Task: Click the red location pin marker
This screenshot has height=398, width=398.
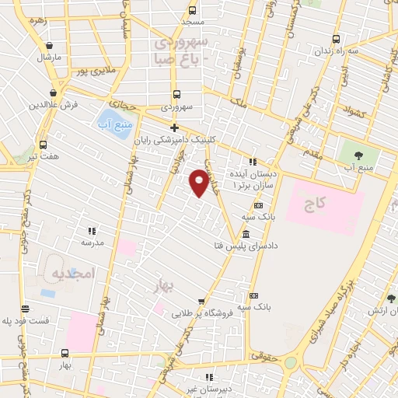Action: [x=199, y=182]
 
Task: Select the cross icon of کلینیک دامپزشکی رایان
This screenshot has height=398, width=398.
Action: [x=174, y=128]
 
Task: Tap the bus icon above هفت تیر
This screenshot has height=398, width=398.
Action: [x=43, y=145]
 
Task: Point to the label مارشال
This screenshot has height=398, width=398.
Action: [x=48, y=58]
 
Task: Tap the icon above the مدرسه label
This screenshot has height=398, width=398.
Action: [x=92, y=231]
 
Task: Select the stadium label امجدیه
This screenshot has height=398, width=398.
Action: [x=70, y=274]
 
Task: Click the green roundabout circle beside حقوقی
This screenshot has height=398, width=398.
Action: [x=290, y=362]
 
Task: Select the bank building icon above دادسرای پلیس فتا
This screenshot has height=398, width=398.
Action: [x=246, y=234]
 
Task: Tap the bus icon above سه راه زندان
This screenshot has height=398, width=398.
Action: [x=336, y=39]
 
